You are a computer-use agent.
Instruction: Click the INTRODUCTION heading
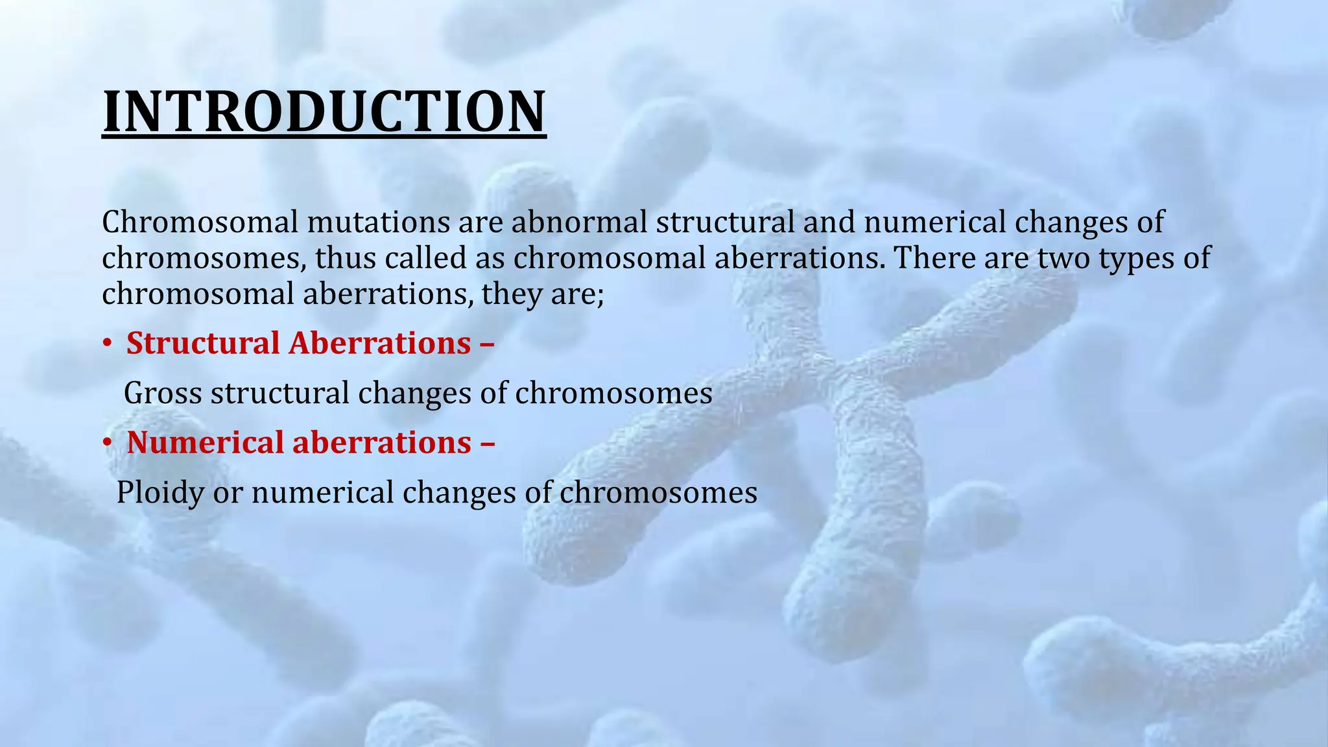coord(324,112)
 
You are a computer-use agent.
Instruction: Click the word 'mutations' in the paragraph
coord(378,222)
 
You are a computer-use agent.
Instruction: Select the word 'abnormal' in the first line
coord(579,222)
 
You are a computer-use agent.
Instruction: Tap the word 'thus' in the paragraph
coord(345,258)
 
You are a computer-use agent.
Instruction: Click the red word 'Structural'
coord(202,343)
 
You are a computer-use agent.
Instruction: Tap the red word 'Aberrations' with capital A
coord(379,343)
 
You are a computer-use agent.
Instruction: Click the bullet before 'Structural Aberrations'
coord(107,344)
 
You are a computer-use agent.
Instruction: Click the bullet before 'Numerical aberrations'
coord(107,444)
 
